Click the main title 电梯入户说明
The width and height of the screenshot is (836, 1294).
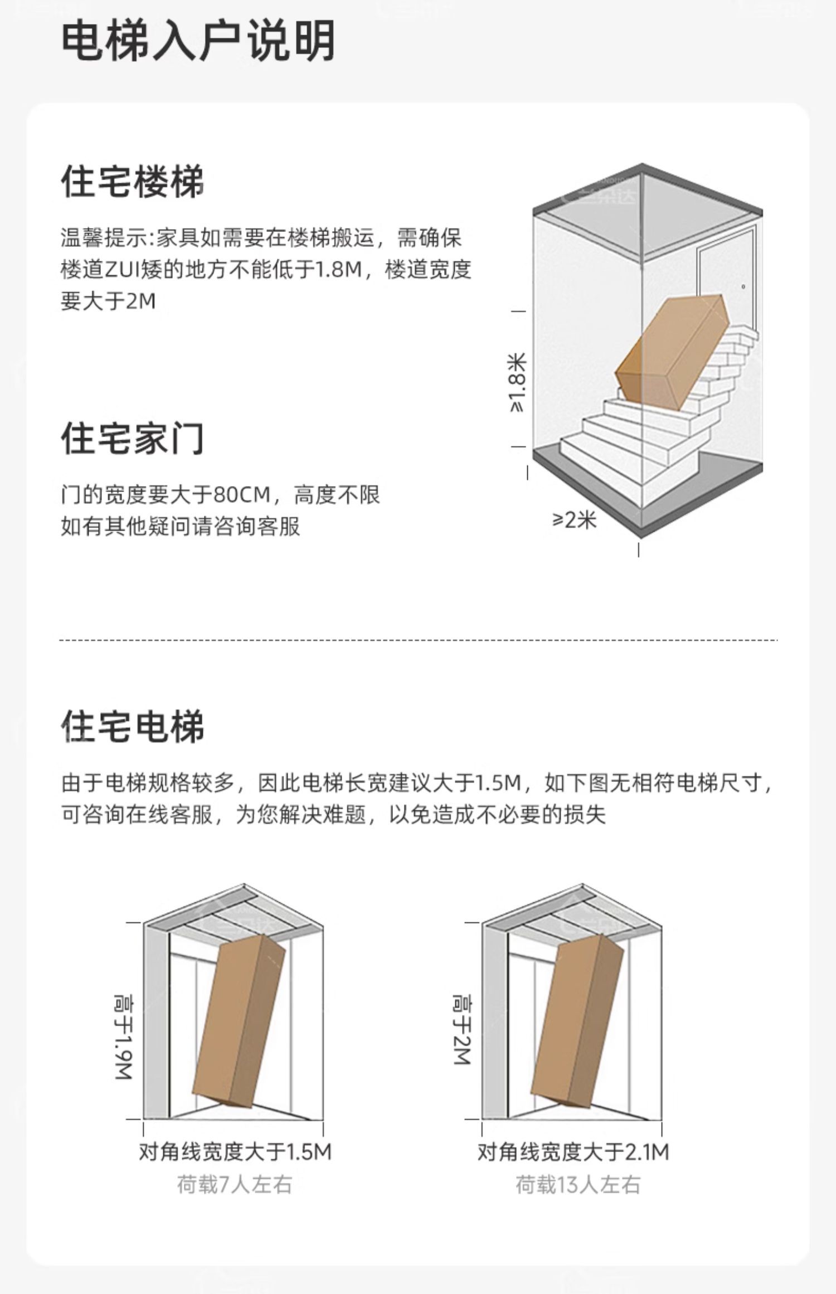coord(197,41)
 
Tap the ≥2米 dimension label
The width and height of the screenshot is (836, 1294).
coord(575,520)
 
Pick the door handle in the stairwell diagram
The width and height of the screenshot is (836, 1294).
coord(743,287)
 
